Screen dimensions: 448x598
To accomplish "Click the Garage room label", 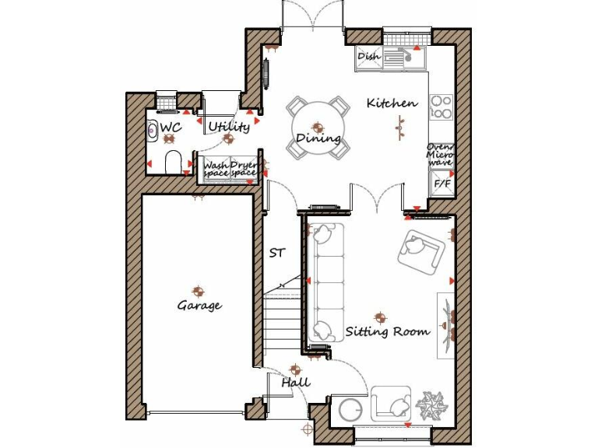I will click(x=199, y=306).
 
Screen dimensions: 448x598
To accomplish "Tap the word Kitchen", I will click(x=392, y=103).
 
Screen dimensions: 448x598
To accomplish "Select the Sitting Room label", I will click(x=388, y=331).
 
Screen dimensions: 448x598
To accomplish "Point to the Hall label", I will click(x=296, y=382).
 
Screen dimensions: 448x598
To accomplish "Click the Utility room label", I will click(x=229, y=127).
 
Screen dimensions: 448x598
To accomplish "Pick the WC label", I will click(x=171, y=127).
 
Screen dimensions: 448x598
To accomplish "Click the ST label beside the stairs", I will click(x=276, y=253).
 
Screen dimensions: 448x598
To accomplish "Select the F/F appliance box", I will click(x=442, y=184).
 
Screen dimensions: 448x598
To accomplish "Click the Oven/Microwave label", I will click(x=441, y=154).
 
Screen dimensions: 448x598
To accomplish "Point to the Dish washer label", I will click(x=368, y=57).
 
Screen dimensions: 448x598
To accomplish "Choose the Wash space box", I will click(x=216, y=169).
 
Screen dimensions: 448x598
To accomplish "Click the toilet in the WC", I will click(x=174, y=161).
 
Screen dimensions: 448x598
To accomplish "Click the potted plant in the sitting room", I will click(x=429, y=405).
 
